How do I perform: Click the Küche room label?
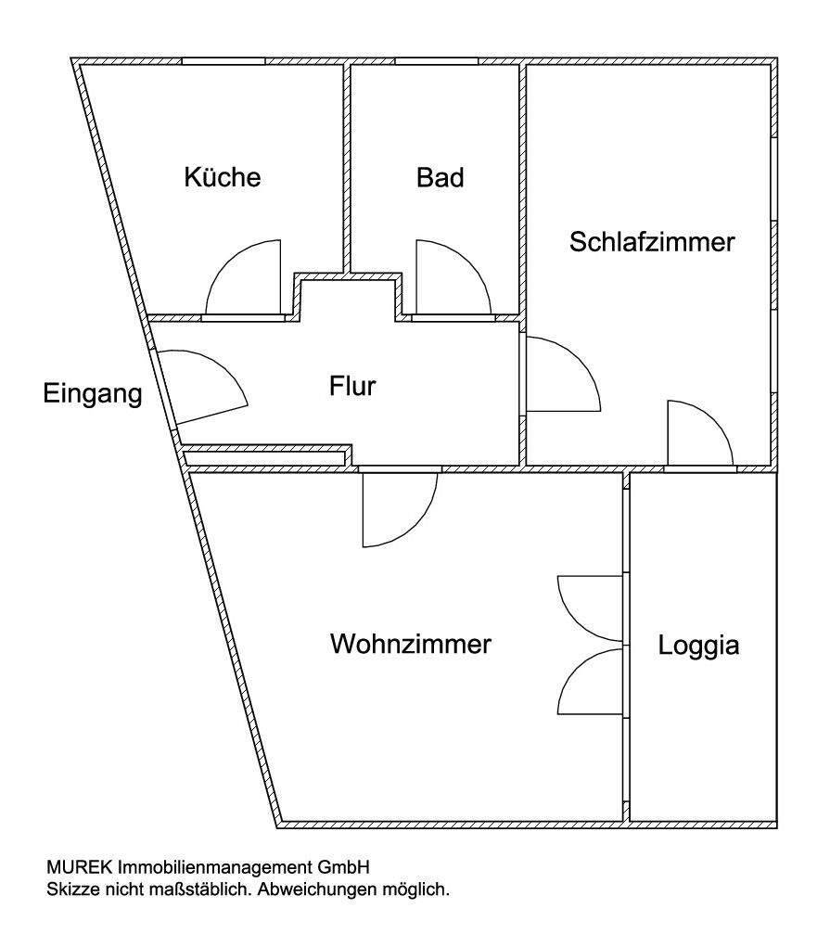223,177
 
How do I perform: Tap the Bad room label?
440,177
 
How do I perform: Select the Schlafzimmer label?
652,242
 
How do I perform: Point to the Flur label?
352,385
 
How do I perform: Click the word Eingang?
93,394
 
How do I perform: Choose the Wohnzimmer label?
410,644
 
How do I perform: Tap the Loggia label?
698,646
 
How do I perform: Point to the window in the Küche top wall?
223,61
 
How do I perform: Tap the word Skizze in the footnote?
70,889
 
